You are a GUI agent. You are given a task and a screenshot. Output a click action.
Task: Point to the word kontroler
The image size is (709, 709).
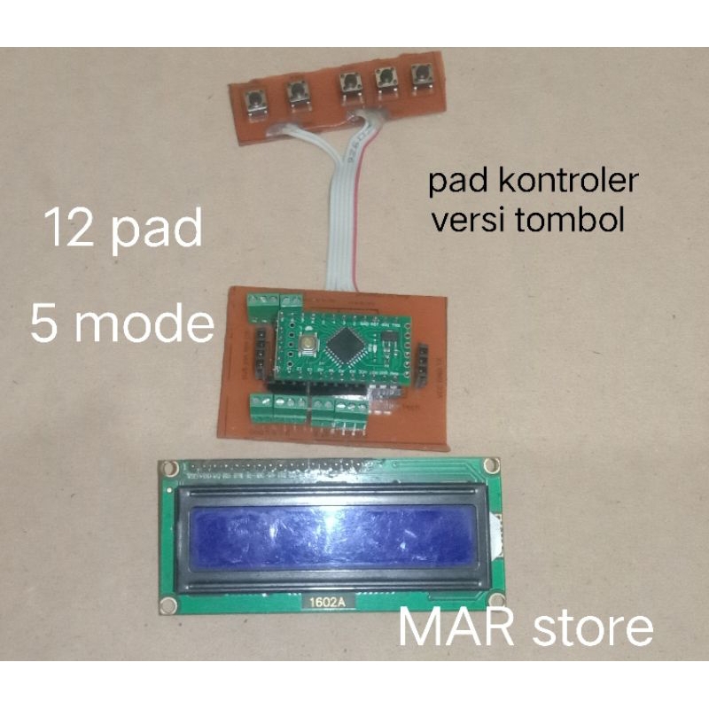565,183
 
